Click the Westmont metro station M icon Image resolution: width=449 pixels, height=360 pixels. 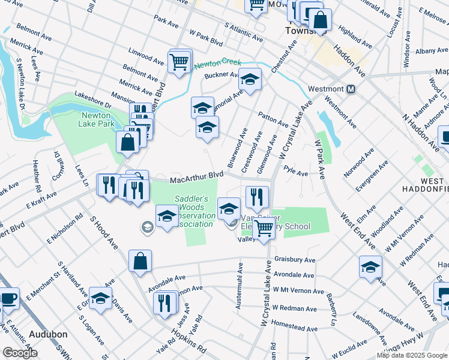tap(352, 89)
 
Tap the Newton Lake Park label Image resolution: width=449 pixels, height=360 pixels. tap(96, 120)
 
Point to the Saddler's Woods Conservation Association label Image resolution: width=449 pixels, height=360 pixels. tap(191, 211)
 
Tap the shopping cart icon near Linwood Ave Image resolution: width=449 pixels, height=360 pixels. tap(179, 62)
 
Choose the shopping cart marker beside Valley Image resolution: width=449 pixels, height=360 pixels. tap(263, 228)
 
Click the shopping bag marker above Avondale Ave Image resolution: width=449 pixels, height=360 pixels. tap(140, 261)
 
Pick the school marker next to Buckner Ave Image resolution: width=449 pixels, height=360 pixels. tap(250, 79)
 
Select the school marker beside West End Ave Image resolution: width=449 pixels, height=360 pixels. tap(370, 267)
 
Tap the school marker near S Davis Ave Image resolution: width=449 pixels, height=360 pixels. tap(100, 298)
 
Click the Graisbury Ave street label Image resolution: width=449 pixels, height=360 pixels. tap(295, 260)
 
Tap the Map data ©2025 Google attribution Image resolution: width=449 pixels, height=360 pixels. tap(411, 355)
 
